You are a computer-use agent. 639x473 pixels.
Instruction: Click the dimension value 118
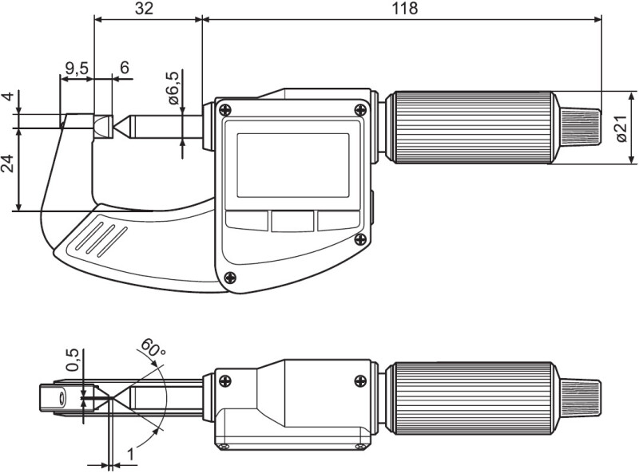[x=405, y=8]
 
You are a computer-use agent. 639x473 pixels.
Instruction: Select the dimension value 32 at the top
[x=144, y=8]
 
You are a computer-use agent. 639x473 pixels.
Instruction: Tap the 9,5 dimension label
[x=77, y=69]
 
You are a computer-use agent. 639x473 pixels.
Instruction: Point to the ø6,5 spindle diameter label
[x=173, y=88]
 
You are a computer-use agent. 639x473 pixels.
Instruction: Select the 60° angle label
[x=152, y=348]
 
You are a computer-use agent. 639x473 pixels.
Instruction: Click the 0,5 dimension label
[x=73, y=360]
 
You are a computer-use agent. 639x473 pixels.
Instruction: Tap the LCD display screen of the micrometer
[x=293, y=165]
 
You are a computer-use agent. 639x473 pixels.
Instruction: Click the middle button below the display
[x=292, y=221]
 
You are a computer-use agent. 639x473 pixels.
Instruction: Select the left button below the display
[x=247, y=220]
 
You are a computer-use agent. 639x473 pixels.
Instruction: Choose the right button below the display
[x=339, y=220]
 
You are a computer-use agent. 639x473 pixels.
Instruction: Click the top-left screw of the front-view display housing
[x=224, y=109]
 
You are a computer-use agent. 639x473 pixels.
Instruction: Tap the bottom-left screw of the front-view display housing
[x=230, y=278]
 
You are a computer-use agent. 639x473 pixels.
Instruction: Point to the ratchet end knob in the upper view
[x=581, y=127]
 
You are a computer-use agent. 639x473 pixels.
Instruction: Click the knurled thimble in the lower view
[x=472, y=398]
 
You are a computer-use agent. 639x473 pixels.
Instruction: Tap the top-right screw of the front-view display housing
[x=360, y=109]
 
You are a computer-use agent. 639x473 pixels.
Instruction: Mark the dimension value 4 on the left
[x=8, y=97]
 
